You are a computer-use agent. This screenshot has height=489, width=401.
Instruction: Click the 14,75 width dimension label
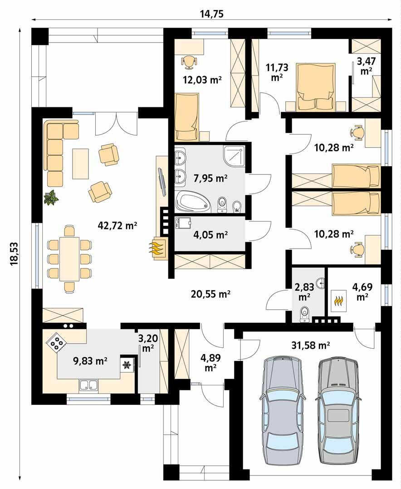point(212,14)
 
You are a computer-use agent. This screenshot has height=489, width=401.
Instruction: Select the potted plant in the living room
point(51,198)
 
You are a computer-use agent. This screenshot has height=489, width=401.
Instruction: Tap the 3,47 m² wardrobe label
point(366,65)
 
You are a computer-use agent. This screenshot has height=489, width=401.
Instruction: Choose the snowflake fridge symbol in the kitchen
point(127,364)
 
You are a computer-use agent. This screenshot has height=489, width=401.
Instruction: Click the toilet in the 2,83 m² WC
point(305,313)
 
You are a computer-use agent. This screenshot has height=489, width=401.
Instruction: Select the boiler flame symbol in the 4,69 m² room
point(338,300)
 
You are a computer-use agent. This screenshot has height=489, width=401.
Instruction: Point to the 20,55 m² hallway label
point(210,294)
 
